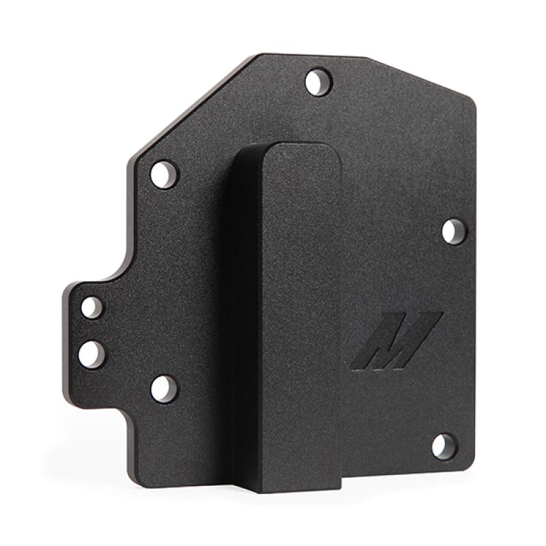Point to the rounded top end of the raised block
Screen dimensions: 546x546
pyautogui.click(x=280, y=147)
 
